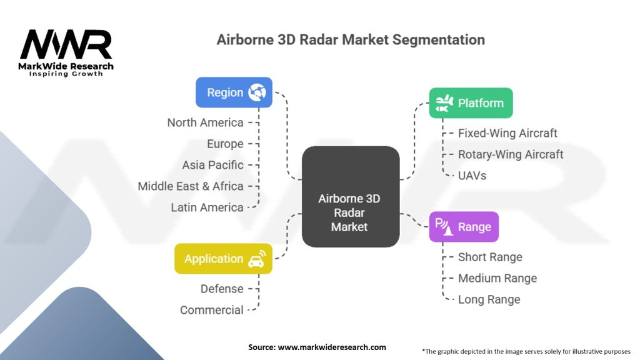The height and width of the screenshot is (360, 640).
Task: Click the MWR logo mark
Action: pyautogui.click(x=66, y=44)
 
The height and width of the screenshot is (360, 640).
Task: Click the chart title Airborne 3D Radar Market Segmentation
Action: pyautogui.click(x=351, y=39)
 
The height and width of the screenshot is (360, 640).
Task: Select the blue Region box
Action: pyautogui.click(x=234, y=92)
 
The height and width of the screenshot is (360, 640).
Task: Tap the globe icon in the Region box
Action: pyautogui.click(x=257, y=92)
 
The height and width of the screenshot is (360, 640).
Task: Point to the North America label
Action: pyautogui.click(x=205, y=122)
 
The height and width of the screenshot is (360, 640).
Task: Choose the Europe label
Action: pyautogui.click(x=225, y=144)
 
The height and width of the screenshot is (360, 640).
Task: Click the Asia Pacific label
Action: pyautogui.click(x=212, y=165)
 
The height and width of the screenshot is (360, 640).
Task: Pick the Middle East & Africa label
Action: pyautogui.click(x=191, y=186)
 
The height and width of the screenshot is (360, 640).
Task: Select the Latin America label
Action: pyautogui.click(x=207, y=207)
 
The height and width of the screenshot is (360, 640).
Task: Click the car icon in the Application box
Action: pyautogui.click(x=256, y=259)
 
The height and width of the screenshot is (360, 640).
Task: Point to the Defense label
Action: pyautogui.click(x=222, y=289)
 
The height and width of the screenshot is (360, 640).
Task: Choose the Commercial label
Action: pyautogui.click(x=212, y=310)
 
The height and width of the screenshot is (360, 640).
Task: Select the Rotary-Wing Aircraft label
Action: pyautogui.click(x=511, y=154)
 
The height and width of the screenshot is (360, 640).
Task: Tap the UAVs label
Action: pyautogui.click(x=472, y=176)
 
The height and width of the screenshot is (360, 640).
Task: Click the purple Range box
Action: pyautogui.click(x=463, y=227)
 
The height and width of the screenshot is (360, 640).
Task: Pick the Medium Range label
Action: pyautogui.click(x=497, y=278)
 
